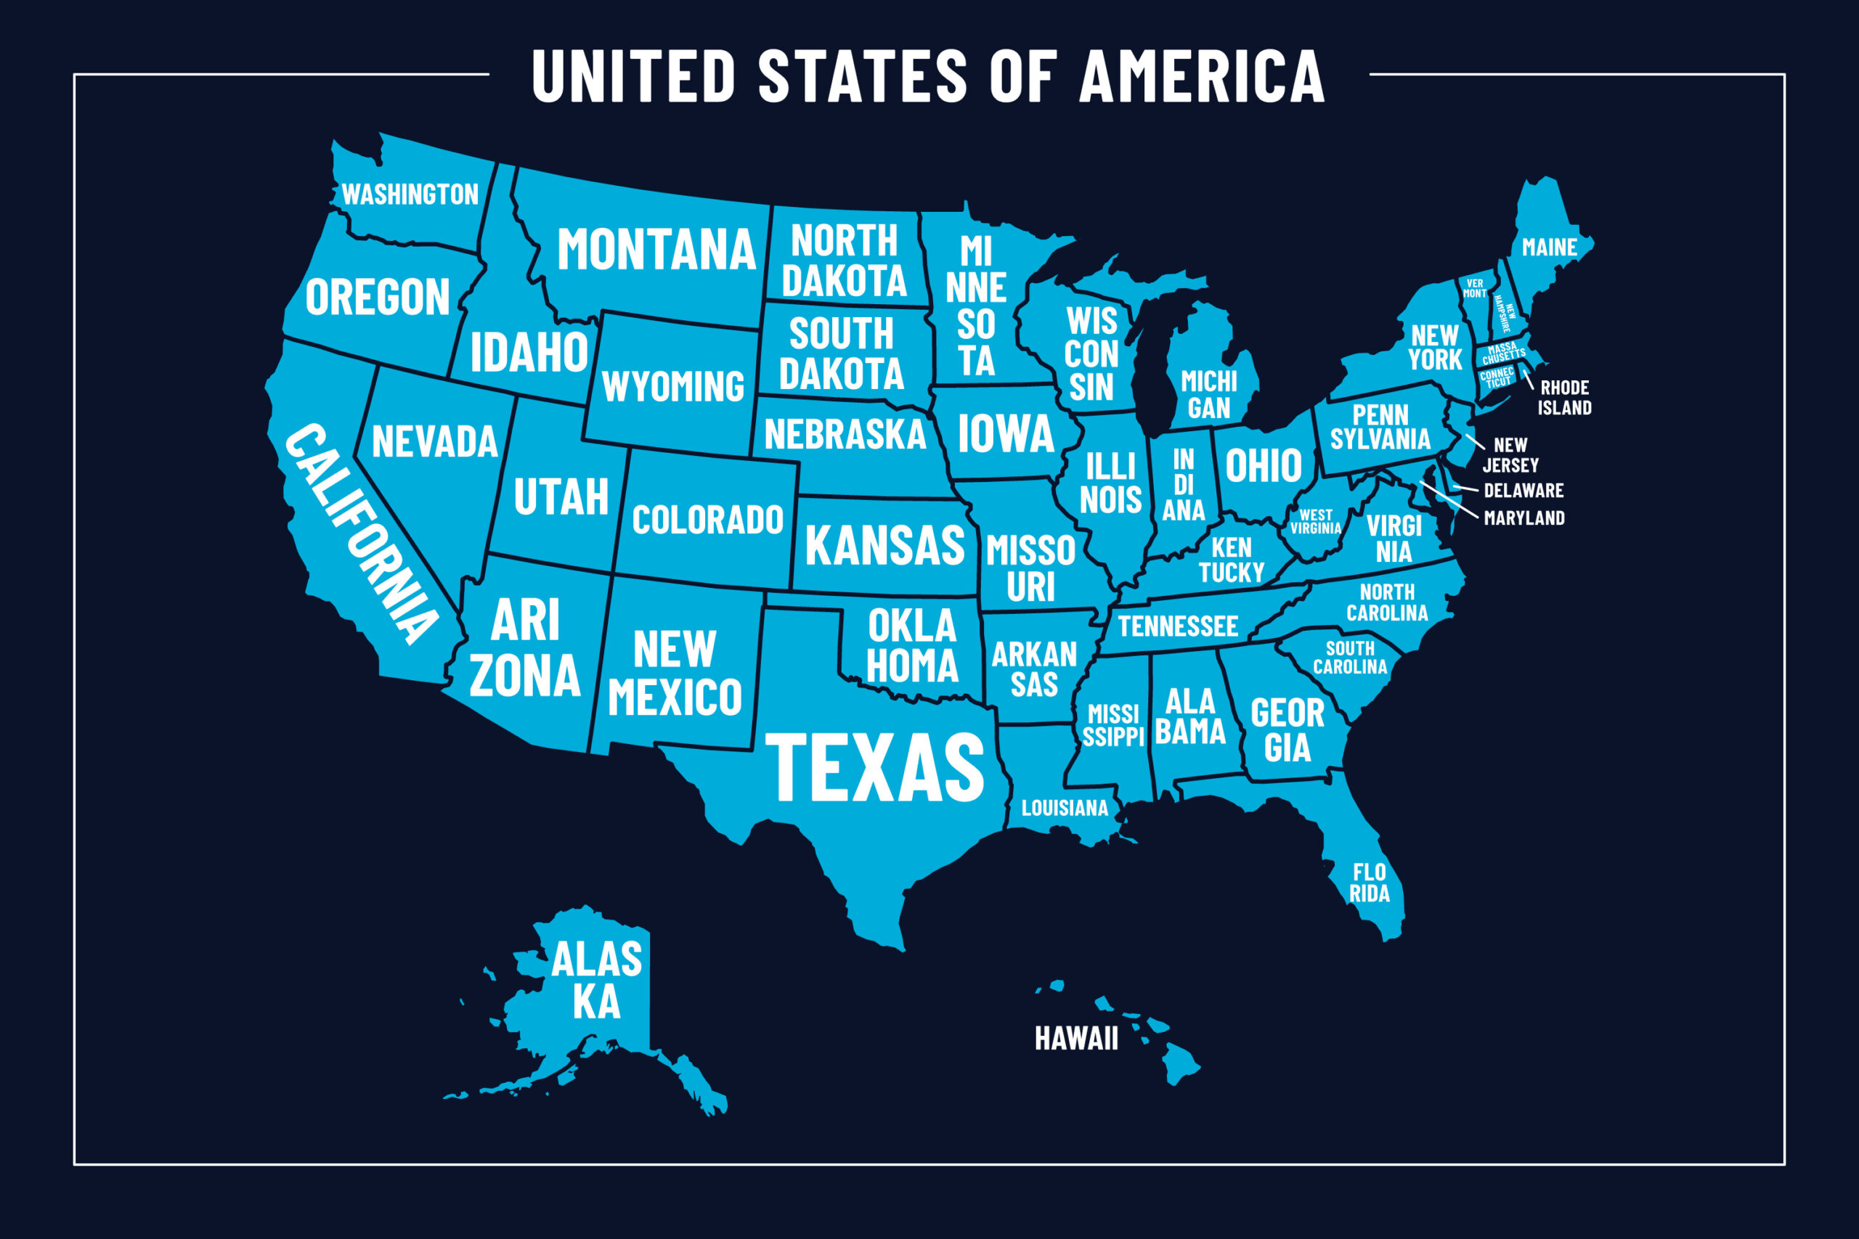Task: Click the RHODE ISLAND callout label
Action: tap(1564, 398)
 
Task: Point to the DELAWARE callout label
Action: tap(1523, 491)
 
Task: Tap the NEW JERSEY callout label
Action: tap(1510, 455)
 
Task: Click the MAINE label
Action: tap(1549, 248)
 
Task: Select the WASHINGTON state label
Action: tap(410, 195)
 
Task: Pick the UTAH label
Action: tap(561, 497)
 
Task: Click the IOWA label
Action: tap(1005, 434)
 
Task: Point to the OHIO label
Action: tap(1263, 465)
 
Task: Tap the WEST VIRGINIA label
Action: tap(1315, 522)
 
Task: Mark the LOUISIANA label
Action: tap(1065, 809)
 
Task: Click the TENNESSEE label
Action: tap(1178, 626)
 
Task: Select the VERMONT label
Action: tap(1474, 288)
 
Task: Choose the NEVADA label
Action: tap(435, 442)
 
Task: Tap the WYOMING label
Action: tap(672, 387)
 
